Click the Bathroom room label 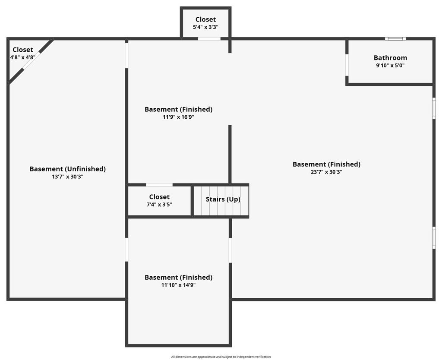point(390,58)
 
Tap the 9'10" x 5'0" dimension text point(390,66)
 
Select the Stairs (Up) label point(223,199)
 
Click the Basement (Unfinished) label point(68,169)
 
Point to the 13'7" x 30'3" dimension point(68,177)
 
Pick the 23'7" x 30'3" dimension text point(326,172)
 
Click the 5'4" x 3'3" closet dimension point(206,27)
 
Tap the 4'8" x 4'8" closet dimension point(23,57)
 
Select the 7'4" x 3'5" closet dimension point(159,205)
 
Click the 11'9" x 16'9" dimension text point(178,117)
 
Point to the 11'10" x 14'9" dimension point(178,285)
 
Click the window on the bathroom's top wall point(395,38)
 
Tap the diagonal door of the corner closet point(31,60)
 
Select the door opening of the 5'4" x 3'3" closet point(209,38)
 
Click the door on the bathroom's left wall point(347,65)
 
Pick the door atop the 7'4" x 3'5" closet point(159,185)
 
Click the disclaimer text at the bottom point(221,357)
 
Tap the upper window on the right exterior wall point(434,108)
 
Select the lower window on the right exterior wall point(434,238)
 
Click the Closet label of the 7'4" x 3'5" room point(159,197)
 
